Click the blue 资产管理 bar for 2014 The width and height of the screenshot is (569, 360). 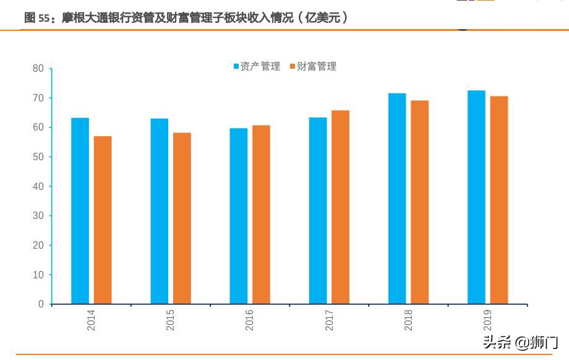point(80,211)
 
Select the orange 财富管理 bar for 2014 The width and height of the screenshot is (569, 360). point(103,220)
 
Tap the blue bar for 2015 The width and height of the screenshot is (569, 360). point(159,211)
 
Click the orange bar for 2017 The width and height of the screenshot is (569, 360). point(340,207)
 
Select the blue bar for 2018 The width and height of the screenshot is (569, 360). point(397,199)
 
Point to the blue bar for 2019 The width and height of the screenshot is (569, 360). point(476,197)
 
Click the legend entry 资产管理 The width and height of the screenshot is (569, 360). point(256,66)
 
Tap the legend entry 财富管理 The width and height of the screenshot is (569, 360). point(312,66)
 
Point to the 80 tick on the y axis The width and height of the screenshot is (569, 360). point(38,69)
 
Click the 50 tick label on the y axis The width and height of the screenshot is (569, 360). point(38,157)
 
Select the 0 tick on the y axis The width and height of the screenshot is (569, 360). point(41,304)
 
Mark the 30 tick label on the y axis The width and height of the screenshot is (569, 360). point(38,216)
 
